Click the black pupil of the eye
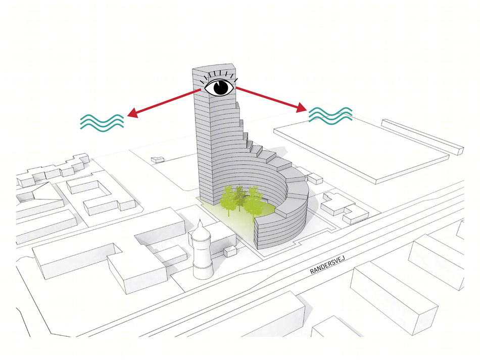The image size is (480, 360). coord(222,87)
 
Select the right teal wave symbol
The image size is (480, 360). coord(330,116)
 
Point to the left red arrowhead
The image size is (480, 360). coord(132,113)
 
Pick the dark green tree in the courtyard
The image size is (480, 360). coord(239,197)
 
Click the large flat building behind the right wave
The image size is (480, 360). coord(361,150)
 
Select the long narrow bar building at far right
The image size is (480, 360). coord(423,136)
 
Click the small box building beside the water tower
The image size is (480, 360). coord(230,252)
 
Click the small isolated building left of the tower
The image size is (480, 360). coord(158,159)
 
